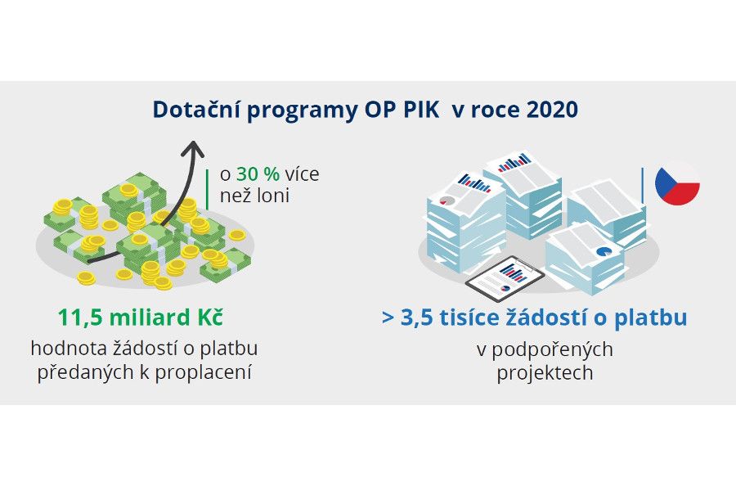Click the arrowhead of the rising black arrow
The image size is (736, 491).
pyautogui.click(x=193, y=147)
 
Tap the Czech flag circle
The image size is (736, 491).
pyautogui.click(x=677, y=182)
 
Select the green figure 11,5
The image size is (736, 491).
pyautogui.click(x=79, y=318)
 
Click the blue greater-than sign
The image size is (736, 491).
pyautogui.click(x=388, y=318)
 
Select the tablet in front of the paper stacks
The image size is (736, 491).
pyautogui.click(x=505, y=279)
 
